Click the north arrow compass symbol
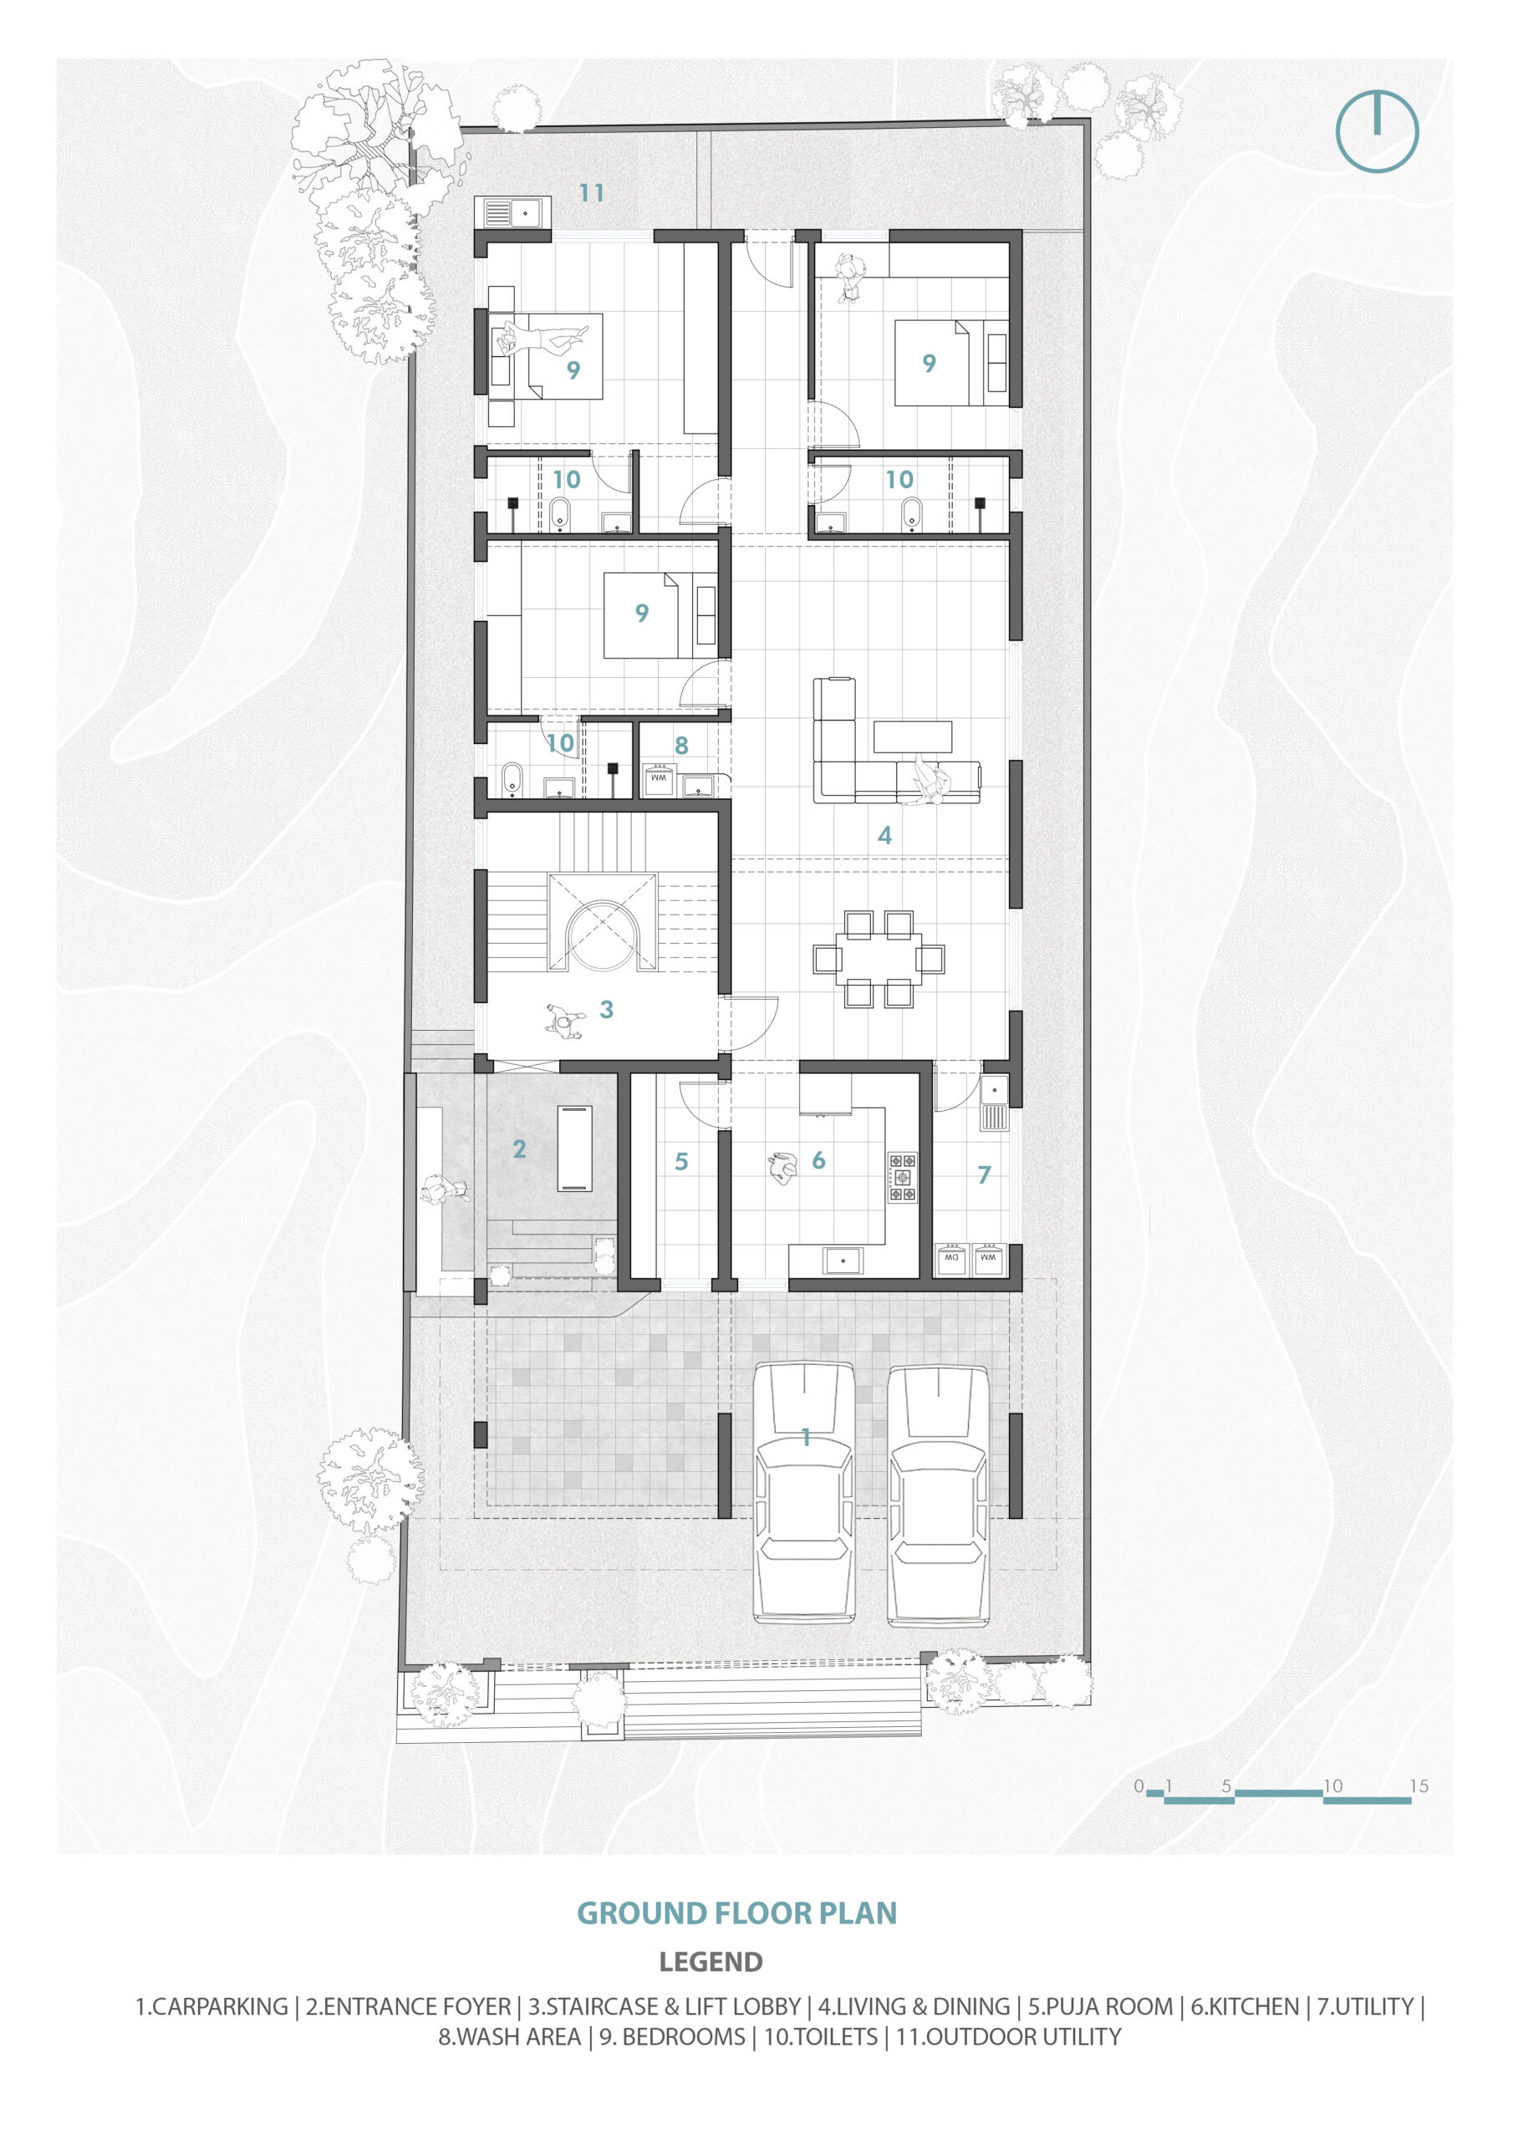click(1376, 130)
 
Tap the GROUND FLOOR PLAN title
click(736, 1913)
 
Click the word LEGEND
click(711, 1962)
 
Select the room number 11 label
click(592, 193)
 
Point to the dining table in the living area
click(879, 959)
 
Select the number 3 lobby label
click(607, 1010)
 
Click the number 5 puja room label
click(681, 1161)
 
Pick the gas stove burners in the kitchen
click(901, 1177)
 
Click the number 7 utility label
click(984, 1175)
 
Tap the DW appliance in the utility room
click(951, 1257)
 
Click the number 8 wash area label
click(681, 746)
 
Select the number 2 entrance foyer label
click(519, 1149)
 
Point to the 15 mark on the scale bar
click(1418, 1786)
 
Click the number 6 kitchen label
click(818, 1160)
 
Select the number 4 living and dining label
click(884, 835)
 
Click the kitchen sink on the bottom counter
click(843, 1260)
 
